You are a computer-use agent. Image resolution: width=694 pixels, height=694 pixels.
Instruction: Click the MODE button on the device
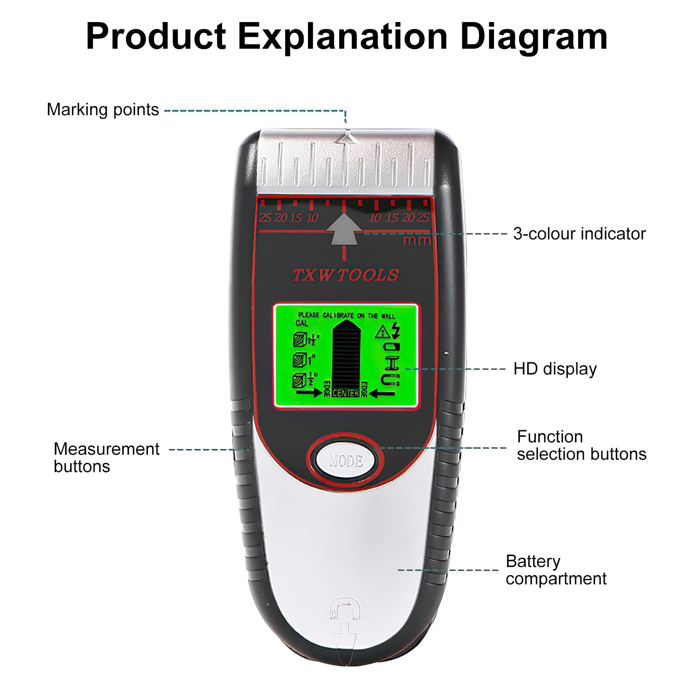click(x=346, y=461)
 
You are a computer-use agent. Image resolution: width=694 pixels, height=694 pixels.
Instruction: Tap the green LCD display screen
click(x=346, y=356)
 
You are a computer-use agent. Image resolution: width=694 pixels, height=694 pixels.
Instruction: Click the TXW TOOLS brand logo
click(x=346, y=275)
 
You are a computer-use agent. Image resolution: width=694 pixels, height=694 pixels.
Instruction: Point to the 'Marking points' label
click(x=103, y=110)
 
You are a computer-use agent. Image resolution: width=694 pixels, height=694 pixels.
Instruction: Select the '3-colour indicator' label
click(x=579, y=234)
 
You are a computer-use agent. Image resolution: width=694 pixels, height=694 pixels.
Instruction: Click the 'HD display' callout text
click(x=555, y=369)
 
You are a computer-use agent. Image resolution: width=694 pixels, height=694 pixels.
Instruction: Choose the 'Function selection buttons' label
click(x=581, y=445)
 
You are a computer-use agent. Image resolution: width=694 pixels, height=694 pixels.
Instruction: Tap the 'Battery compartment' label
click(x=556, y=570)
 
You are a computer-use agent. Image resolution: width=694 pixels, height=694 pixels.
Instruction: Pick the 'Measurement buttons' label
click(x=106, y=458)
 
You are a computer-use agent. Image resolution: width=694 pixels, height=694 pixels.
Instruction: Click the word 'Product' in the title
click(x=156, y=36)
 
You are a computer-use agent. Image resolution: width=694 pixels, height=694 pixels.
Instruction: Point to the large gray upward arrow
click(x=344, y=229)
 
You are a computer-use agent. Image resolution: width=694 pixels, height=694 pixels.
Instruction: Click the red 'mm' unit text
click(x=416, y=240)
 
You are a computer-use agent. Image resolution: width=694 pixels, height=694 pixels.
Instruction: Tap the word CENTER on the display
click(x=346, y=393)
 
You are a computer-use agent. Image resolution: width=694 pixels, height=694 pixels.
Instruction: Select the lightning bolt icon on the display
click(x=396, y=331)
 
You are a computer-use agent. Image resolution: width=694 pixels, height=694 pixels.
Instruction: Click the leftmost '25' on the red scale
click(x=265, y=218)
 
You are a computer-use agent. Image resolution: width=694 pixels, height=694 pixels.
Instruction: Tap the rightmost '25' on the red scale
click(x=422, y=218)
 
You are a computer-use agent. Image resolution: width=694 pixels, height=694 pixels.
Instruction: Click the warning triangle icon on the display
click(x=382, y=333)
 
